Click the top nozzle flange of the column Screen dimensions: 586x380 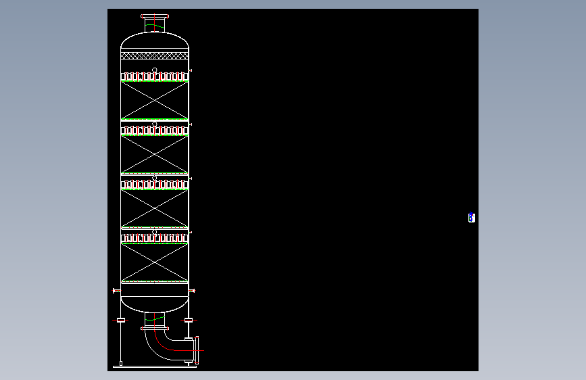(155, 16)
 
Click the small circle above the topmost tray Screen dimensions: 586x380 (155, 70)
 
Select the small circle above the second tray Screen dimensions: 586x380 (155, 124)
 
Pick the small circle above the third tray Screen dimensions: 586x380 (155, 179)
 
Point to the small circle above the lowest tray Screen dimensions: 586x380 (155, 233)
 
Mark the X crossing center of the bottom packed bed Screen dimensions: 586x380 (155, 262)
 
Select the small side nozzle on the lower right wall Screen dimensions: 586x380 (193, 291)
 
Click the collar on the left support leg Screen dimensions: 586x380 (121, 319)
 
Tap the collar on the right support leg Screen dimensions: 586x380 (189, 319)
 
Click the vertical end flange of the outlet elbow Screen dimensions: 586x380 (197, 350)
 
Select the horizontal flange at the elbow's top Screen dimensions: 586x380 (155, 329)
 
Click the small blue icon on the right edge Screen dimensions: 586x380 (472, 218)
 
